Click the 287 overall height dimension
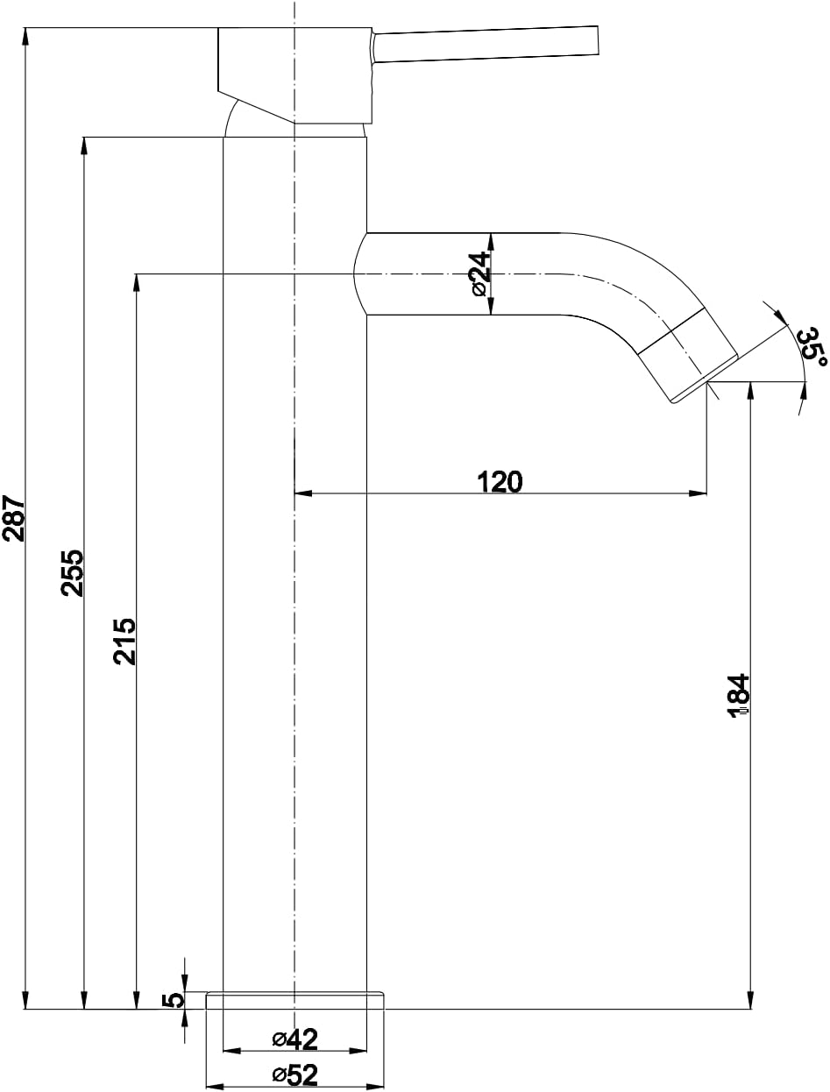[13, 517]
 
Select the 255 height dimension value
[73, 572]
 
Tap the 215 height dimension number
[124, 642]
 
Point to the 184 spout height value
[738, 696]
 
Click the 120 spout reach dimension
[500, 481]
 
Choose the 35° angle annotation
[812, 347]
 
